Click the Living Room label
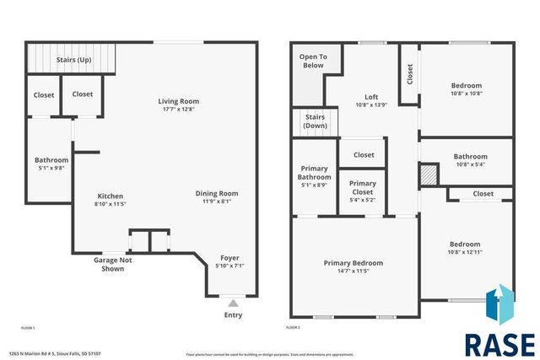(176, 102)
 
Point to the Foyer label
(229, 258)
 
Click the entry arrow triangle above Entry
(233, 302)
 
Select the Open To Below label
(312, 61)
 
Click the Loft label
(371, 96)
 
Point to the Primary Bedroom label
(353, 263)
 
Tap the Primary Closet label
(363, 187)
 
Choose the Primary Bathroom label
(314, 173)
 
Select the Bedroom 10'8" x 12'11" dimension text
(465, 252)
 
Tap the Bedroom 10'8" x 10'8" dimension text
(466, 94)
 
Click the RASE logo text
(499, 344)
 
